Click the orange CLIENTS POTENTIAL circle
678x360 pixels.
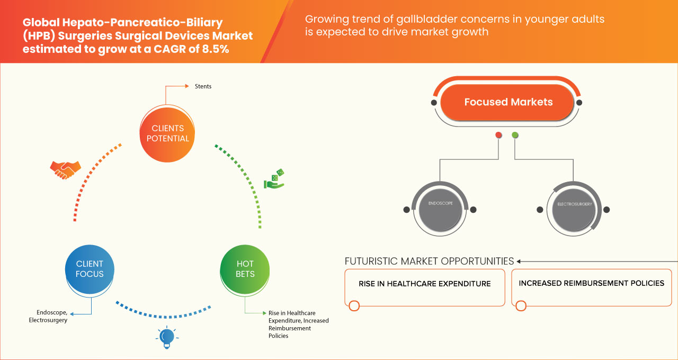tap(167, 133)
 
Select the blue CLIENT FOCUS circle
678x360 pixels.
tap(90, 269)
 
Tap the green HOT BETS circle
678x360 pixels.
tap(245, 269)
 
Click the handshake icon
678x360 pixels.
tap(65, 169)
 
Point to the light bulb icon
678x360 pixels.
tap(166, 337)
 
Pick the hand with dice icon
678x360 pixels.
tap(274, 179)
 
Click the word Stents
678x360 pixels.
tap(203, 86)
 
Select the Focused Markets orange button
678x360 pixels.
tap(508, 102)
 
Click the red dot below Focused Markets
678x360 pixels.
tap(498, 136)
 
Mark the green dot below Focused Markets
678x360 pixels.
tap(515, 136)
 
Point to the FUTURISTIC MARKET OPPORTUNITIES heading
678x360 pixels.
tap(429, 262)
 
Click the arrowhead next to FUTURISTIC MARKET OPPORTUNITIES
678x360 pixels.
tap(519, 262)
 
